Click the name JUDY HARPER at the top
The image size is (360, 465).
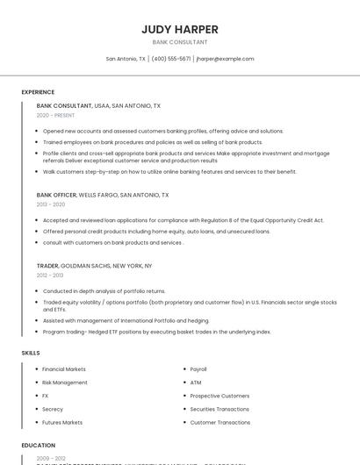180,29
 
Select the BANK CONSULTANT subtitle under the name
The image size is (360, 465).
180,42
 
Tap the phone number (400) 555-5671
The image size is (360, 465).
170,59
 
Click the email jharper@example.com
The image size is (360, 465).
226,59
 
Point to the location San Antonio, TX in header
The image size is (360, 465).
126,59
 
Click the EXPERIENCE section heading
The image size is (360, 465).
38,92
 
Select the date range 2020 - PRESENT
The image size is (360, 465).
54,115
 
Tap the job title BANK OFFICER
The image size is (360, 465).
56,195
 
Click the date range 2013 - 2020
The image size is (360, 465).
51,204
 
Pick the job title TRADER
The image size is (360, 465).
47,265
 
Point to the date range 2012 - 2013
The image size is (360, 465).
50,275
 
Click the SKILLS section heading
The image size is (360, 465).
31,353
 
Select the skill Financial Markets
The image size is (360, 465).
64,369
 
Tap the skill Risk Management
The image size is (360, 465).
65,383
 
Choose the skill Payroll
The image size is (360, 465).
198,369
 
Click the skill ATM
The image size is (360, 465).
196,383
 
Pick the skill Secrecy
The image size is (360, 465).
53,409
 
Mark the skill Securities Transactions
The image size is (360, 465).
220,409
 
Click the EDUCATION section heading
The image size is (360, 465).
39,446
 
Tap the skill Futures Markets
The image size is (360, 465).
62,422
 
